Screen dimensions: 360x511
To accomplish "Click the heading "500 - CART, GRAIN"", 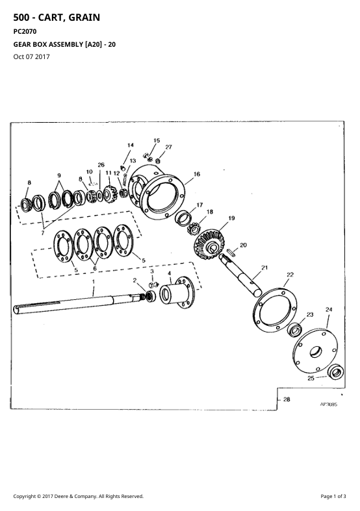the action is click(57, 18).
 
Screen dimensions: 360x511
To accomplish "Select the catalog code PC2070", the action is click(25, 32).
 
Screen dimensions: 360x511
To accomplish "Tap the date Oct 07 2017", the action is click(31, 56).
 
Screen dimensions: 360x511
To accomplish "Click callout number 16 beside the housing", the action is click(197, 174).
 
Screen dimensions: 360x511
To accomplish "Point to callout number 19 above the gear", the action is click(231, 218).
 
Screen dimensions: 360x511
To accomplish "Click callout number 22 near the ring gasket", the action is click(290, 275).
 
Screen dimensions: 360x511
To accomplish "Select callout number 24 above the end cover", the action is click(329, 309).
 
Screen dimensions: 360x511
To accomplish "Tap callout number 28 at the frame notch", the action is click(287, 399).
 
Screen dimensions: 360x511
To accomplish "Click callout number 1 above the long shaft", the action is click(94, 281).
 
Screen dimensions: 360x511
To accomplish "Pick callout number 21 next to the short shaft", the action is click(264, 268).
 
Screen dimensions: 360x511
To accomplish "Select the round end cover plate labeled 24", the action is click(315, 351).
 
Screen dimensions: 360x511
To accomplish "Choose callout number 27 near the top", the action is click(168, 147).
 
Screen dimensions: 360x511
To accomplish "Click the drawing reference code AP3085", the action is click(329, 405).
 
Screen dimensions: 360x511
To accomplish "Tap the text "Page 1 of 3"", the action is click(333, 496).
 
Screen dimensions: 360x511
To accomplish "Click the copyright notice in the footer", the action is click(78, 496).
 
